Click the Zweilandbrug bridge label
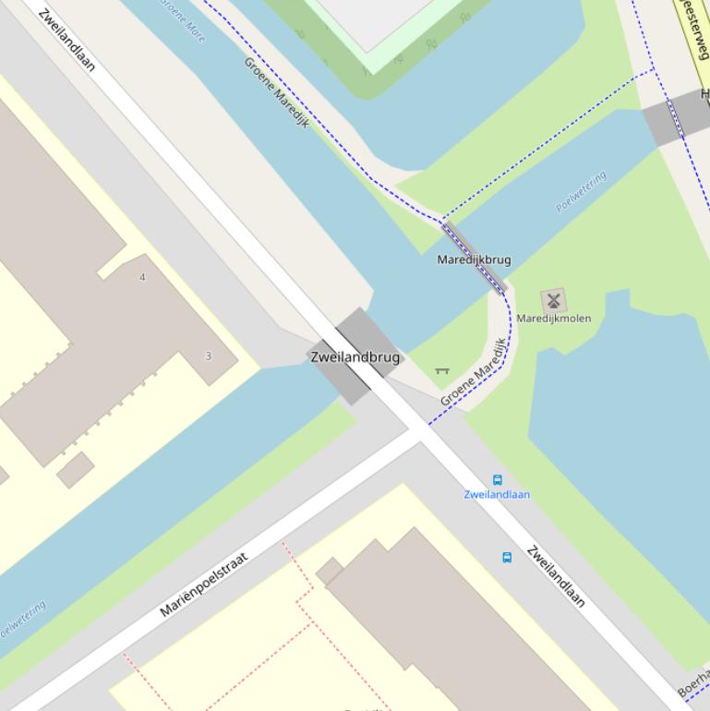click(x=355, y=357)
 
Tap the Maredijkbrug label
click(x=474, y=260)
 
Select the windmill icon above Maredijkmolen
click(x=554, y=300)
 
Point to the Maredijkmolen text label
click(x=553, y=319)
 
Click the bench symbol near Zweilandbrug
click(x=442, y=371)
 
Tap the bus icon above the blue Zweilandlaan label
click(x=497, y=480)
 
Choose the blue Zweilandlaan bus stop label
click(x=497, y=495)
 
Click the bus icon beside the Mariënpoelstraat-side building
click(x=506, y=558)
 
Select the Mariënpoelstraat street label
click(x=204, y=584)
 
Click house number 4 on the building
click(x=142, y=277)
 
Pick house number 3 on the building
click(x=208, y=356)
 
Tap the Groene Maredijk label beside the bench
click(x=474, y=372)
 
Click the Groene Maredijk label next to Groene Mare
click(x=276, y=91)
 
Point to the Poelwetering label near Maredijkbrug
click(x=581, y=191)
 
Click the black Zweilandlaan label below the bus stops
click(x=556, y=576)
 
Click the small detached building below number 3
click(x=75, y=469)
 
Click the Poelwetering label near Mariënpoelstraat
click(x=20, y=621)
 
